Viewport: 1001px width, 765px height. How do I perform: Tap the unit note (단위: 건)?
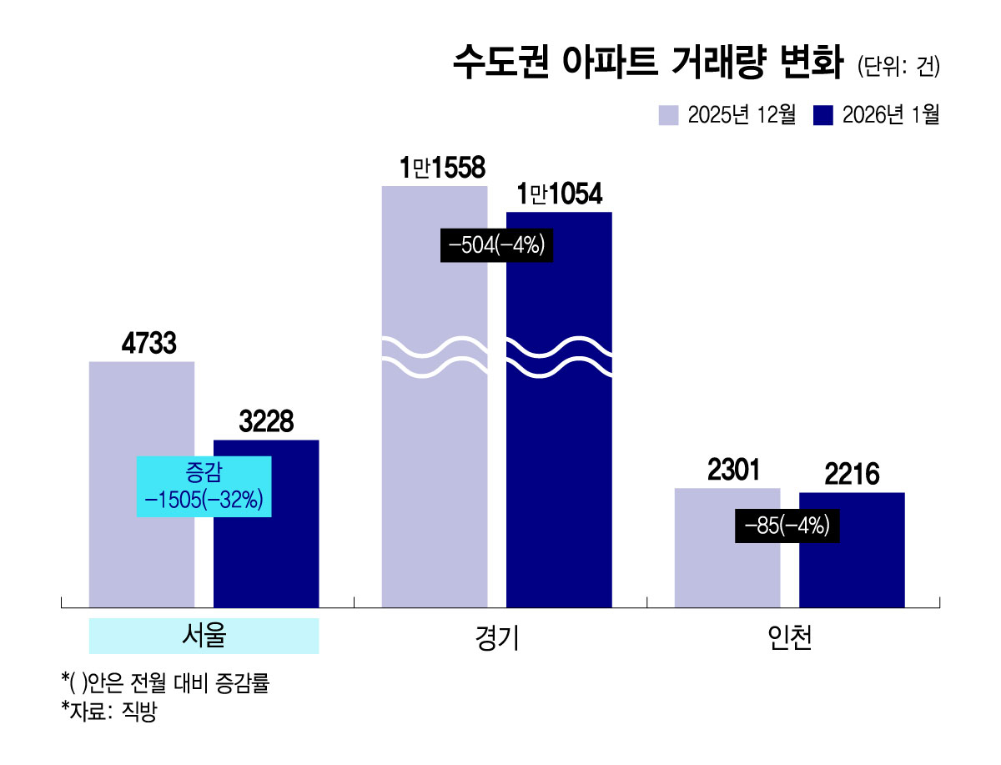tap(898, 67)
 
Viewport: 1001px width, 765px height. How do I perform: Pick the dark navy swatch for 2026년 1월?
tap(823, 115)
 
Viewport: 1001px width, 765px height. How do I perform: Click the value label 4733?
tap(142, 345)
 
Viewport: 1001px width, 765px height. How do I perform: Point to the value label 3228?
tap(266, 422)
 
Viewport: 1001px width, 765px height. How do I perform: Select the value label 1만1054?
tap(560, 195)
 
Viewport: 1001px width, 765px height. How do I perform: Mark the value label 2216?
tap(852, 475)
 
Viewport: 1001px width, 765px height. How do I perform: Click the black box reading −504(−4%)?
tap(496, 246)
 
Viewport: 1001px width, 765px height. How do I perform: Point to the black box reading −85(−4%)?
tap(787, 526)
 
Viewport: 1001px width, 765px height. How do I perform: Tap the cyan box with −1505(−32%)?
tap(204, 486)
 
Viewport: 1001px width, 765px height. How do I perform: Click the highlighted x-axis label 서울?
tap(204, 637)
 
